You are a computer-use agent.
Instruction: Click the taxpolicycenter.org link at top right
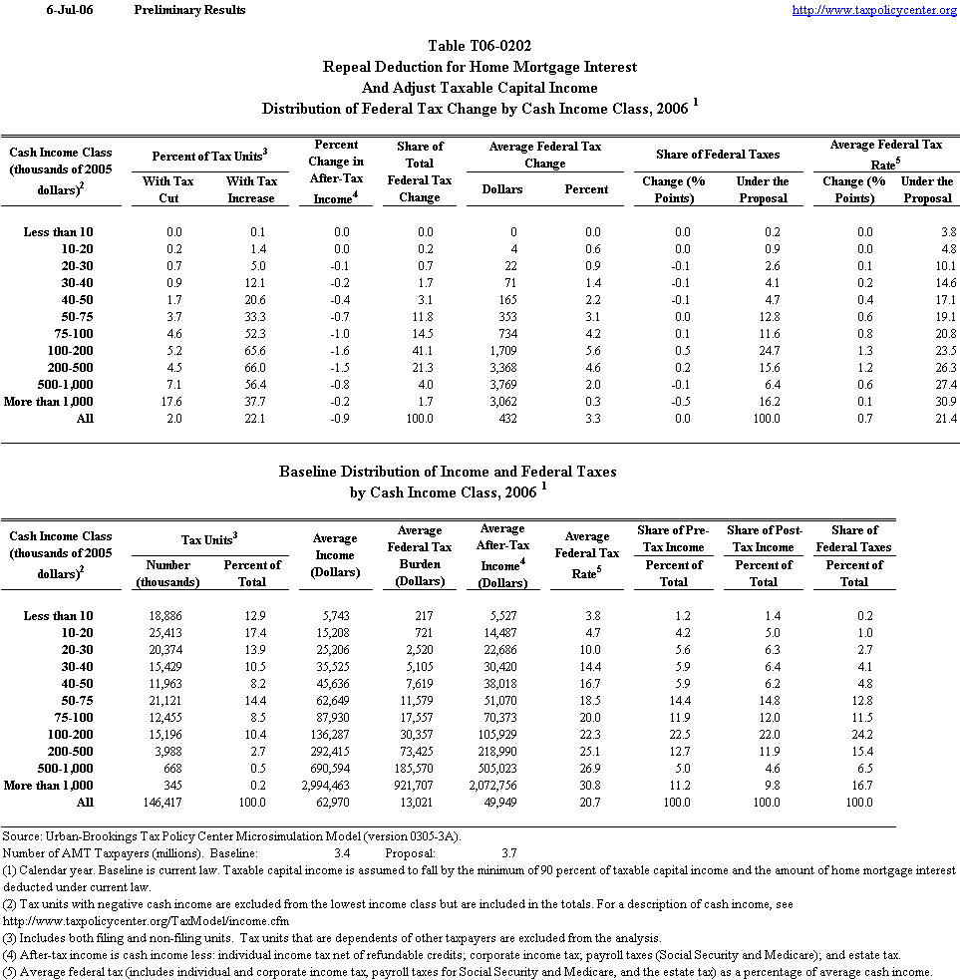(x=874, y=10)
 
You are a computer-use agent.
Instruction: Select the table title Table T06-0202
(x=480, y=46)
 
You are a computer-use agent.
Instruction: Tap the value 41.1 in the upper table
(x=419, y=350)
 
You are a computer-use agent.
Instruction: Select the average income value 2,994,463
(x=328, y=785)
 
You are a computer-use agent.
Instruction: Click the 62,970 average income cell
(x=335, y=802)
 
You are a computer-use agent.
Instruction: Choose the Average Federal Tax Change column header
(x=545, y=155)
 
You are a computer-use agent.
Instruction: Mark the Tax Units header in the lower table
(x=208, y=539)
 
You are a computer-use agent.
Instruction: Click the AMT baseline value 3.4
(x=342, y=853)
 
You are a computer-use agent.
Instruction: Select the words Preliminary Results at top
(x=189, y=10)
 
